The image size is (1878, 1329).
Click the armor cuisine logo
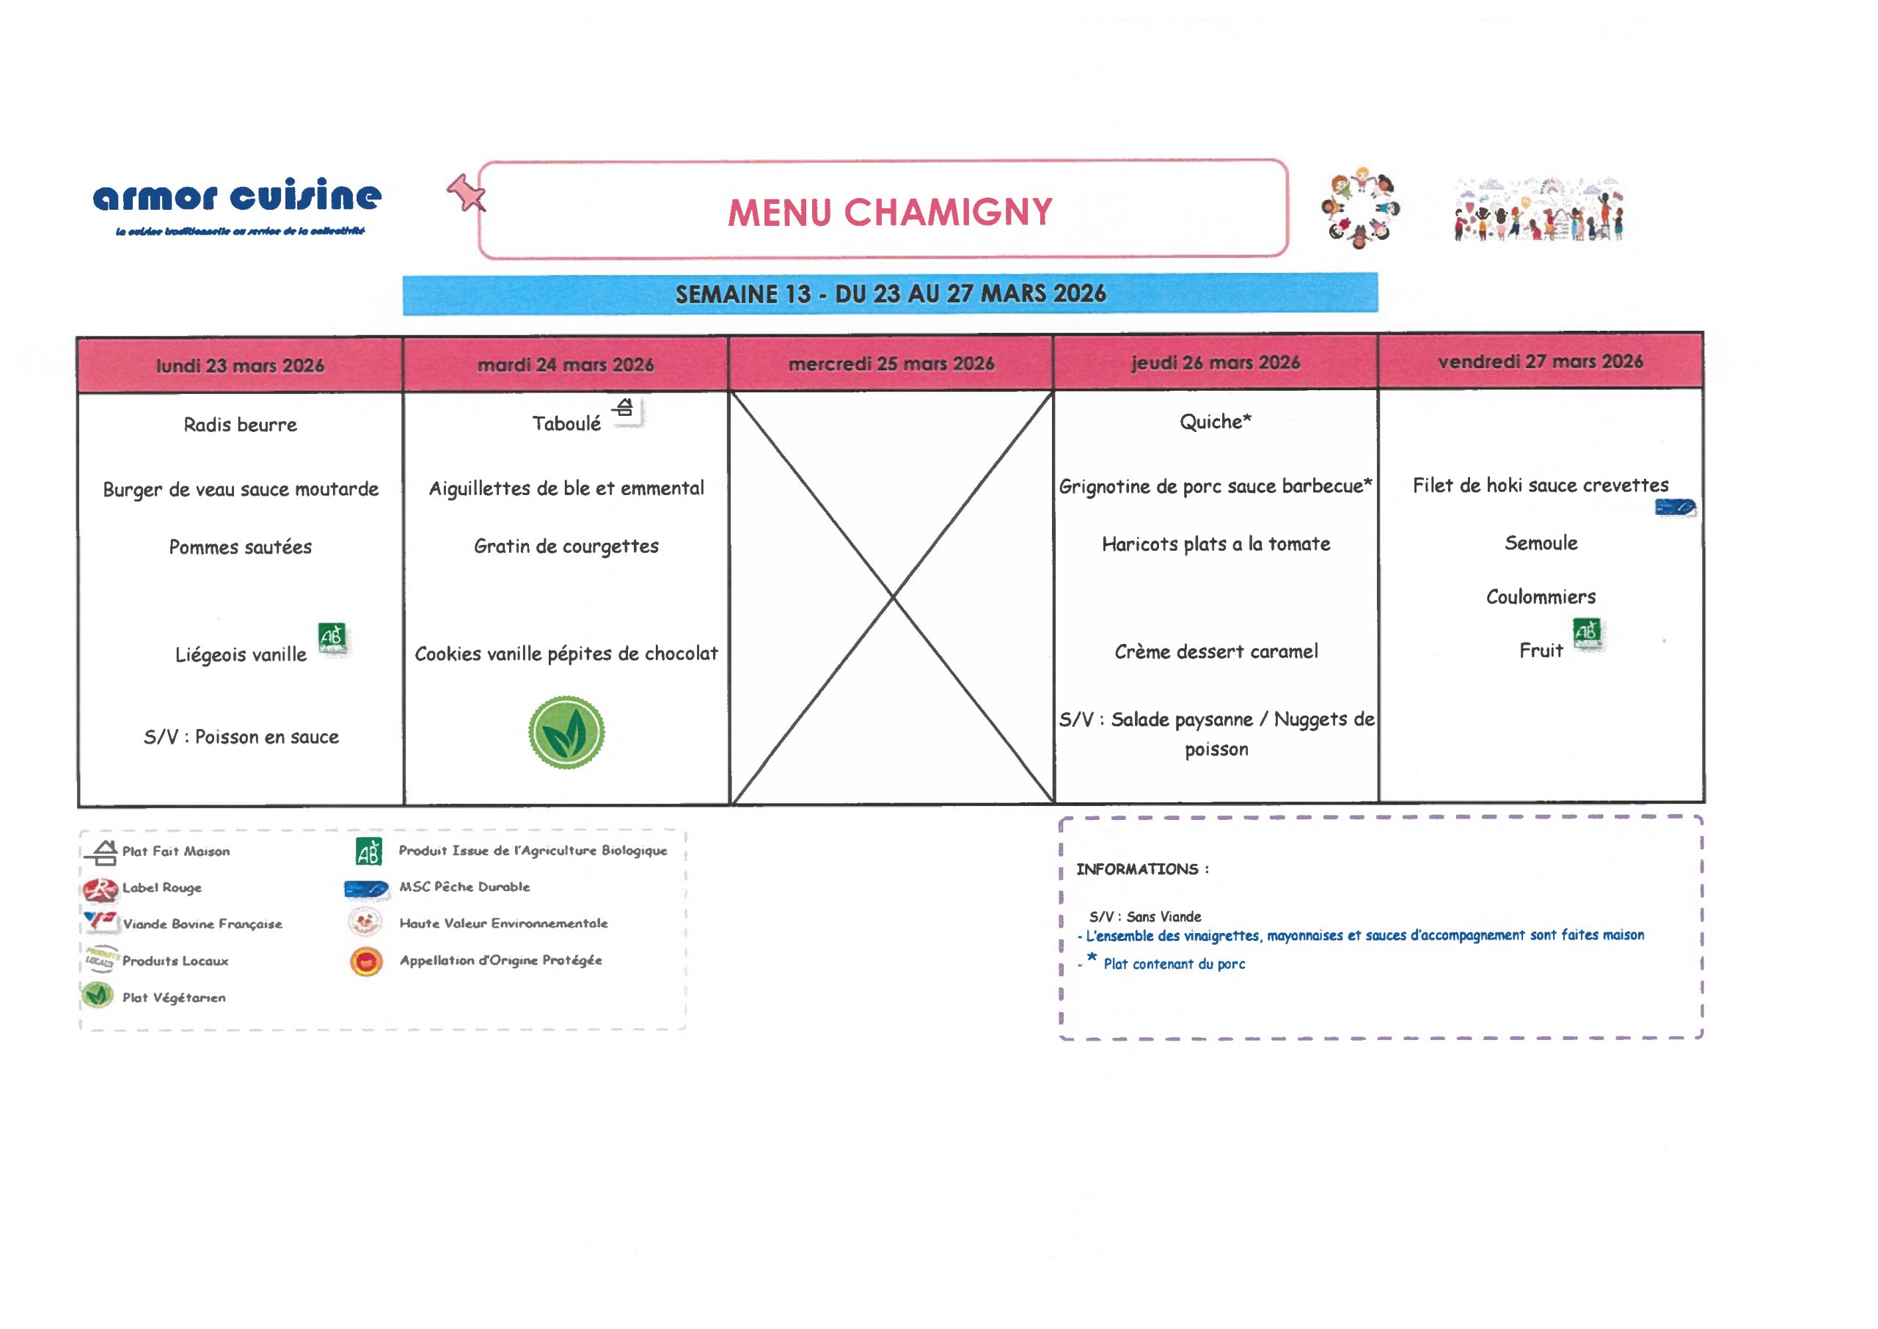237,197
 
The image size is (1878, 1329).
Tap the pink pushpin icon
466,194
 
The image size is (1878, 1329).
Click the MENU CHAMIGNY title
890,212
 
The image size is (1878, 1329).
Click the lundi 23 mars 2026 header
240,365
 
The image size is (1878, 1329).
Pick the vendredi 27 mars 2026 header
1540,362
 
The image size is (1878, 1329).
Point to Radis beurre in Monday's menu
240,425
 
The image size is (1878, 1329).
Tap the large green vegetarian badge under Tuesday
566,733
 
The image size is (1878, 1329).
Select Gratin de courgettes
566,546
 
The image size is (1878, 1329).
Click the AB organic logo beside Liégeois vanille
332,637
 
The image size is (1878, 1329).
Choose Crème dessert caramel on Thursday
1216,651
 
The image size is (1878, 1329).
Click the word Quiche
1210,422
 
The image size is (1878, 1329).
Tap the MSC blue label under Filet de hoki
1675,508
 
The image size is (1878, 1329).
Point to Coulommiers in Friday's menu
1540,596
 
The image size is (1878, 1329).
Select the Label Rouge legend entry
161,888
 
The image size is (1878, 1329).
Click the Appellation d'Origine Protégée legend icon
366,961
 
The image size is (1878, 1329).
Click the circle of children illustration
1360,210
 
